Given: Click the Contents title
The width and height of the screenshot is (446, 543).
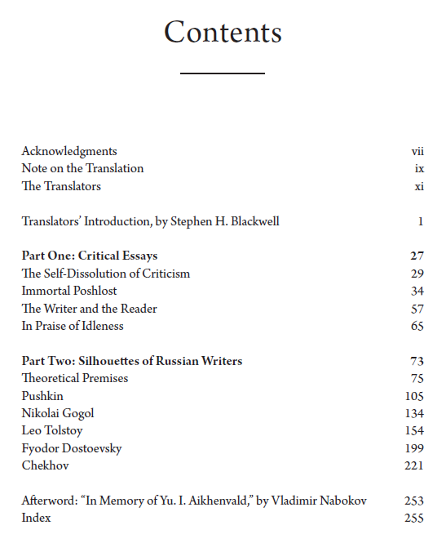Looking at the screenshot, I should pos(223,33).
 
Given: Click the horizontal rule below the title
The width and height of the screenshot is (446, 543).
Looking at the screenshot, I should pos(223,73).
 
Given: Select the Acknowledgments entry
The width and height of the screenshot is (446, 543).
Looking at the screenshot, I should pos(69,151).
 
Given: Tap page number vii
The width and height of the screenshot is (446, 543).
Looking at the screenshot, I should pos(417,151).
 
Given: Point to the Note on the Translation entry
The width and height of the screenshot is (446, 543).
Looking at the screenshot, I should pos(82,168).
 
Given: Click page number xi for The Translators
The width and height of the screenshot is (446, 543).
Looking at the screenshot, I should pos(419,186).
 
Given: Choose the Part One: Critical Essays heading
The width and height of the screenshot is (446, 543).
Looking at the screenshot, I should pos(90,256).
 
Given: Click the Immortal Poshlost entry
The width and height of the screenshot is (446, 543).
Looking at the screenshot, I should pos(69,292).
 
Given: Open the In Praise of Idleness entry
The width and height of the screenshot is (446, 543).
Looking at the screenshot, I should pos(73,327).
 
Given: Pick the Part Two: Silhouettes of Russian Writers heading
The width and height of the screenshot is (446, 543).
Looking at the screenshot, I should pos(132,361).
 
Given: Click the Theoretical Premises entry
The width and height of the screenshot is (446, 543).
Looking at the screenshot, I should pos(75,378).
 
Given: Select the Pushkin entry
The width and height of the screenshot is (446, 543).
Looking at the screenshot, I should pos(42,396).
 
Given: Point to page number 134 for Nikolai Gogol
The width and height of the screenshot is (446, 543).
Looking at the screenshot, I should pos(414,413).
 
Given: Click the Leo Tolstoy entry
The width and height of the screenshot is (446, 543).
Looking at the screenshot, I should pos(52,430).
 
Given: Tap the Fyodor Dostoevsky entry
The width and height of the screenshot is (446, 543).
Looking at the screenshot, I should pos(72,448).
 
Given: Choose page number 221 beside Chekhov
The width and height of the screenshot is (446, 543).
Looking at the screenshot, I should pos(414,465).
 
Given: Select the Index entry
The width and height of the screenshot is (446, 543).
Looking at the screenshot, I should pos(36,518).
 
